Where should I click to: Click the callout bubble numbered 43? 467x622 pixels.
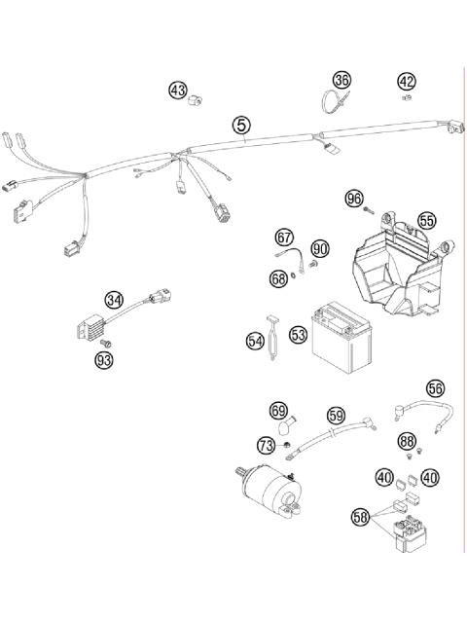177,90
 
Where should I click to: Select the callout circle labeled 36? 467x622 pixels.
341,80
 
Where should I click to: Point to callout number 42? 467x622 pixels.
406,81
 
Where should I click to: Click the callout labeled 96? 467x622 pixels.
353,200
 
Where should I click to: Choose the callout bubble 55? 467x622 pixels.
426,221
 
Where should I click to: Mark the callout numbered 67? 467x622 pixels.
284,237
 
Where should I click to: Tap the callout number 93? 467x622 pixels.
104,361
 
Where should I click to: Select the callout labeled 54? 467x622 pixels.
255,341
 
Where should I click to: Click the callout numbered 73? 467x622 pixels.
266,445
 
